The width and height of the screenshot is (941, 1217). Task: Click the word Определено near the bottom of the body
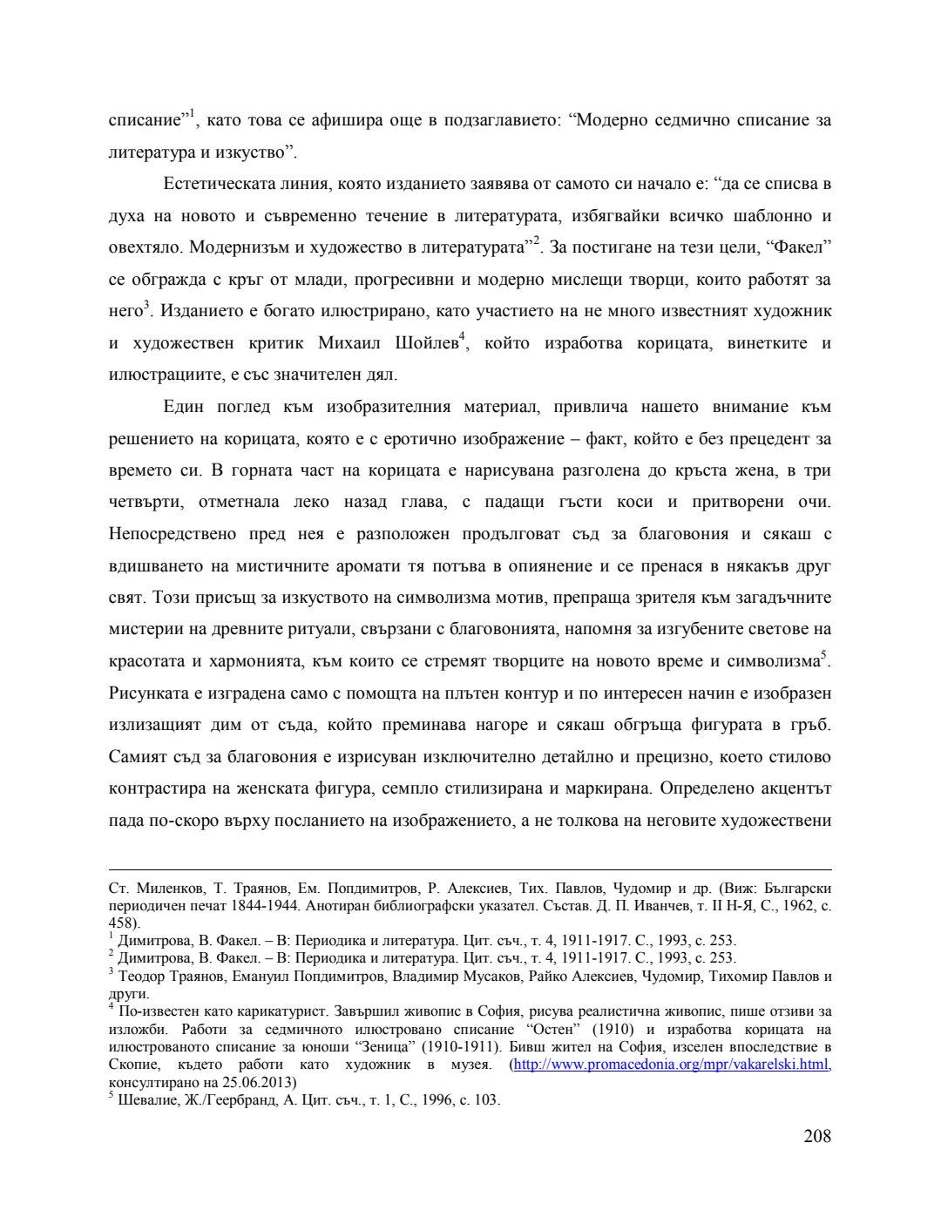[698, 789]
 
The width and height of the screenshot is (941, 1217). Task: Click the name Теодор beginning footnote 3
[141, 976]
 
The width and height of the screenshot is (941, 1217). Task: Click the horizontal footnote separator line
[470, 869]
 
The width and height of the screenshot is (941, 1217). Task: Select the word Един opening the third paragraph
[182, 407]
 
